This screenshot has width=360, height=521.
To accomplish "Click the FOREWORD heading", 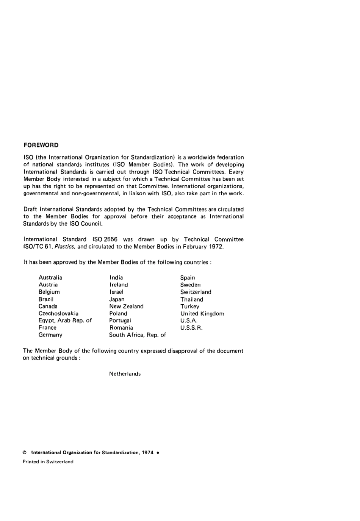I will (x=41, y=145).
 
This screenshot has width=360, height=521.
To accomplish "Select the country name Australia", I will (x=50, y=277).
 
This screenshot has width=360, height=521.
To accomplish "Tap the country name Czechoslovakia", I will (x=58, y=313).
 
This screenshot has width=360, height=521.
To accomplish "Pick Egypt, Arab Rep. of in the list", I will (x=65, y=321).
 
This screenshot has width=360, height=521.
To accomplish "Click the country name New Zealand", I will (x=126, y=306).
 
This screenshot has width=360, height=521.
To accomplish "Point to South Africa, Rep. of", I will (x=138, y=335).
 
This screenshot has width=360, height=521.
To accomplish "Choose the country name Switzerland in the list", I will (x=196, y=292).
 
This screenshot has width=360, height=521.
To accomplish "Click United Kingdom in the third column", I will (x=202, y=313).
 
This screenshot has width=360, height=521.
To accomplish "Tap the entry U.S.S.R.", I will (x=191, y=328).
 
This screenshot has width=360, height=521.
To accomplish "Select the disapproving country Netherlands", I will (x=125, y=374).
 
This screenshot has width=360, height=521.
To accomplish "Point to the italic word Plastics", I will (x=65, y=247).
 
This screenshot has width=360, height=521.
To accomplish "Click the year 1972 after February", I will (x=216, y=247).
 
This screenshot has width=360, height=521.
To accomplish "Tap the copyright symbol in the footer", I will (x=25, y=452).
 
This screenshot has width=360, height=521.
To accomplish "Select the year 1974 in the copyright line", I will (x=147, y=452).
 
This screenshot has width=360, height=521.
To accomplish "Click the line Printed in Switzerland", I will (x=48, y=462).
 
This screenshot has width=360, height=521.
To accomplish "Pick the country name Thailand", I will (x=192, y=299).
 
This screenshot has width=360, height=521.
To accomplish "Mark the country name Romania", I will (x=121, y=328).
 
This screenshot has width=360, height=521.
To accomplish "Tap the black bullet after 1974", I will (x=157, y=452).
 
